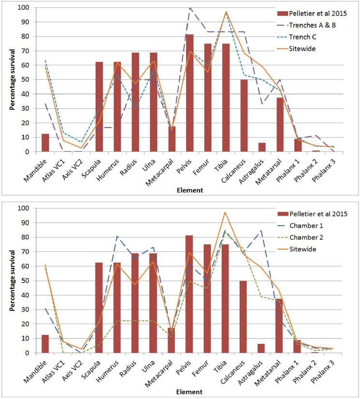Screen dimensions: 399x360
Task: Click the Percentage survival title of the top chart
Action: [12, 80]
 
